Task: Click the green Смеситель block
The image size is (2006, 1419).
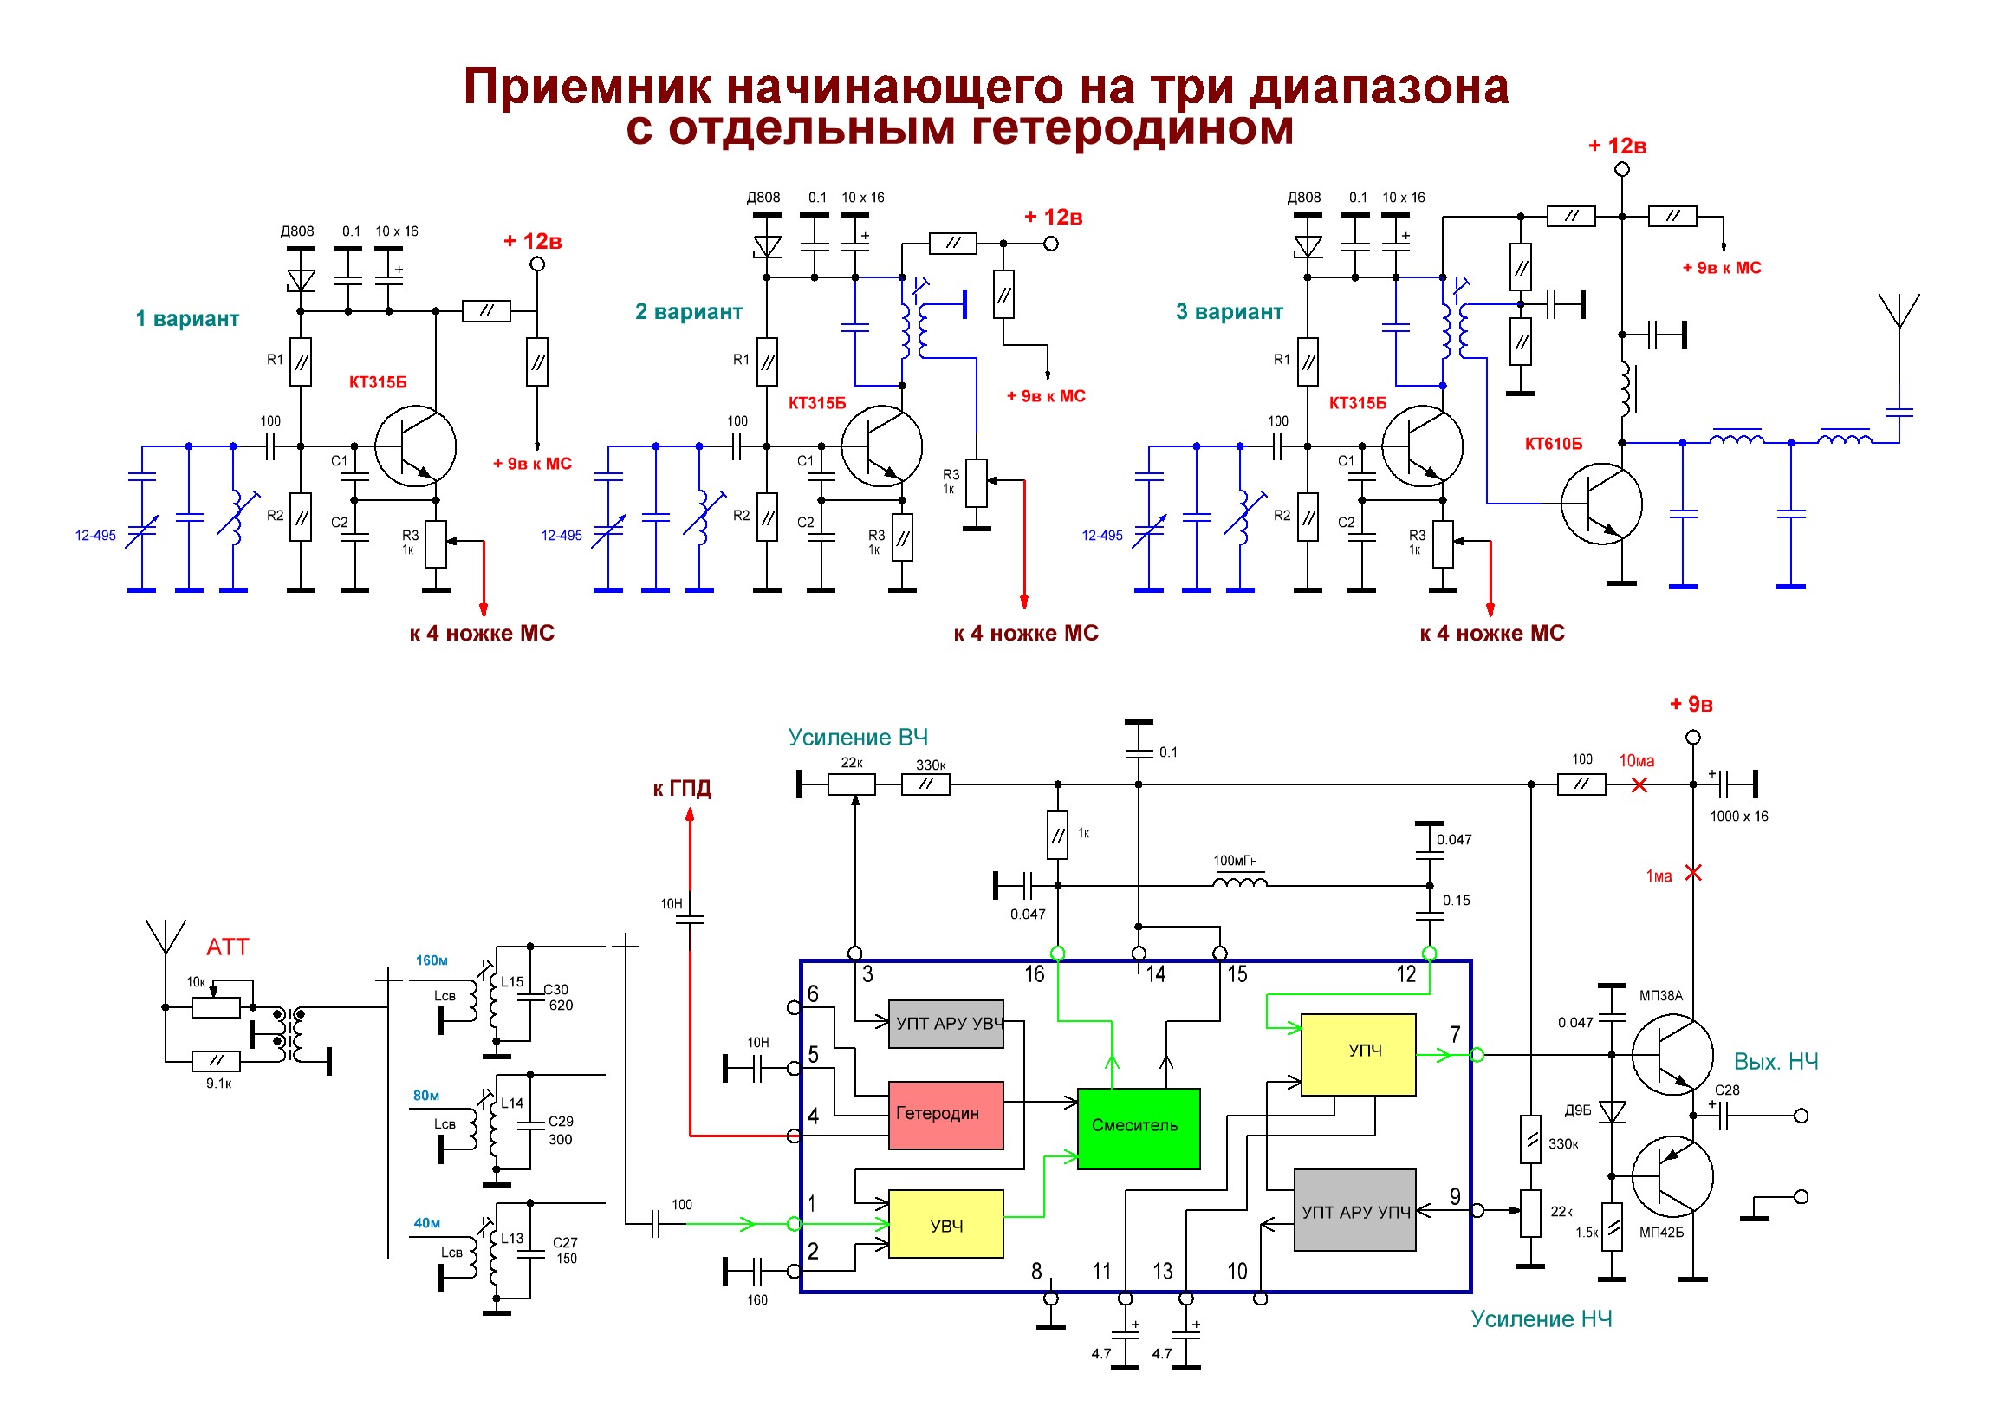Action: (x=1139, y=1128)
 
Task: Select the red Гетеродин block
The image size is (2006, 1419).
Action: (x=945, y=1115)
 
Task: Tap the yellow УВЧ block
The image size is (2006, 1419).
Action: (x=945, y=1223)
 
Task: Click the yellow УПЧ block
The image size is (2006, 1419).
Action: (x=1359, y=1054)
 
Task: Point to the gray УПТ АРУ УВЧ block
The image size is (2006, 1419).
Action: (x=945, y=1023)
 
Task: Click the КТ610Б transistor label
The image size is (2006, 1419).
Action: (x=1554, y=444)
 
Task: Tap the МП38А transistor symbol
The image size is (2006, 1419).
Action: (x=1672, y=1055)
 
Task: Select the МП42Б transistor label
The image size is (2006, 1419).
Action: (x=1661, y=1232)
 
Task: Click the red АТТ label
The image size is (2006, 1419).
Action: (x=227, y=947)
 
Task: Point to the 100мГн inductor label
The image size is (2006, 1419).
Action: (x=1235, y=861)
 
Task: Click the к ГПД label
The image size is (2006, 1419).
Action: (x=682, y=788)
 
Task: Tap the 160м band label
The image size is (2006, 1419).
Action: (x=432, y=960)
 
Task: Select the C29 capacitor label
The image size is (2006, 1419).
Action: (x=561, y=1121)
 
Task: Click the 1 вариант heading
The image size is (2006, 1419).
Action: (x=187, y=318)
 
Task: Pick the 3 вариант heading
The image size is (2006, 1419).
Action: (x=1230, y=311)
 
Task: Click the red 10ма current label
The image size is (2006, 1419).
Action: (x=1636, y=760)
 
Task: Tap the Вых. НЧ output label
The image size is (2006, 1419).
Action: (x=1776, y=1062)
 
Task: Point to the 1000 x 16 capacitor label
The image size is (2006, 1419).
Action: (x=1738, y=816)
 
